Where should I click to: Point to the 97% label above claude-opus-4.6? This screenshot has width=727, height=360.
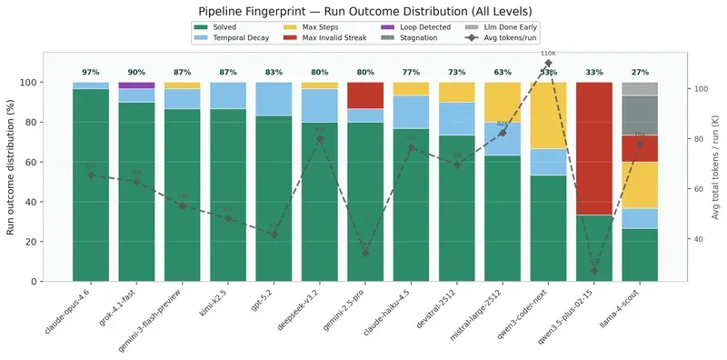click(x=91, y=72)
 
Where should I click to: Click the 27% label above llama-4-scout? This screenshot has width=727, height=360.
click(x=640, y=72)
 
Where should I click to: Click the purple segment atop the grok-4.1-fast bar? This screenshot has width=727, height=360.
click(x=136, y=85)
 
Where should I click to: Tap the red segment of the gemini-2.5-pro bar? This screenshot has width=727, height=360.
click(x=365, y=95)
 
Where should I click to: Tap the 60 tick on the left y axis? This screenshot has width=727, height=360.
click(x=53, y=162)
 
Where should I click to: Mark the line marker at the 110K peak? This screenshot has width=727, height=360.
click(x=548, y=64)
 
